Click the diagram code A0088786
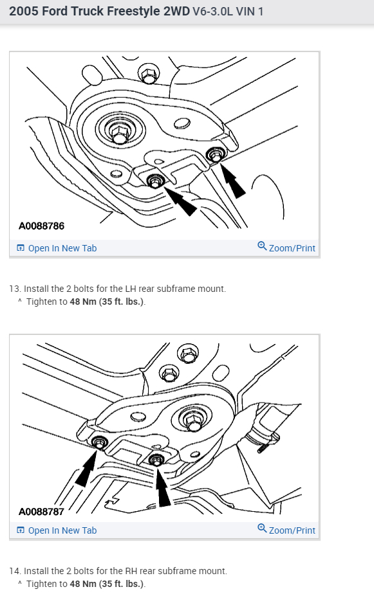pos(41,226)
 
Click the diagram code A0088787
pos(41,512)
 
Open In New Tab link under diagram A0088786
pos(57,248)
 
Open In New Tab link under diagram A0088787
pos(57,530)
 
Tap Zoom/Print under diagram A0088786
pos(286,248)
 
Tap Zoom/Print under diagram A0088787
pos(286,530)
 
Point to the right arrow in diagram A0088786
pos(232,180)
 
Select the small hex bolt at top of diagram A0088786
pos(149,73)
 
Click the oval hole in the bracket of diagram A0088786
pos(182,124)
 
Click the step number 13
pos(15,289)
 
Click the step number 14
pos(15,571)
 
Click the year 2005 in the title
pos(24,12)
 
